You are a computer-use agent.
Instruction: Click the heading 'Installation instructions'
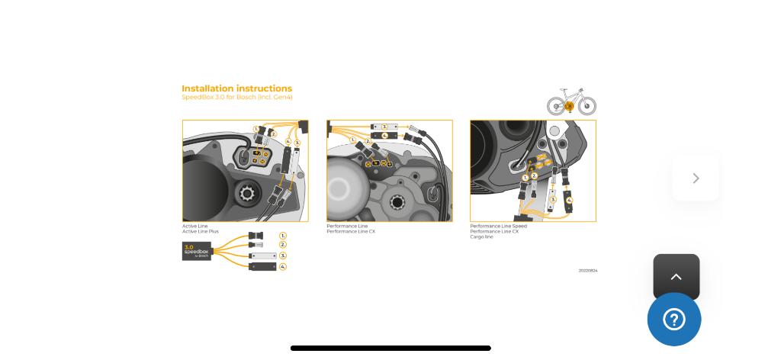(236, 88)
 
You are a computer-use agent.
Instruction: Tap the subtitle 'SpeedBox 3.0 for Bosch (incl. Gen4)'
(236, 98)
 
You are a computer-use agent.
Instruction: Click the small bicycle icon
(571, 101)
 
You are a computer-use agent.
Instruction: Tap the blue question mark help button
(674, 320)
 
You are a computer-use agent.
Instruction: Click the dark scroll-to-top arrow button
(676, 277)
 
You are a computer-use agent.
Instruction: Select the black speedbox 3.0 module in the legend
(197, 251)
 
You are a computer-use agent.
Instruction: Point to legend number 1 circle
(283, 236)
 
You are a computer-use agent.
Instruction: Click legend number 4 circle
(283, 267)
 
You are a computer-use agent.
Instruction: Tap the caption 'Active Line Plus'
(200, 232)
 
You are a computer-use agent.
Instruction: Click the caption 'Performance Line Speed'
(498, 227)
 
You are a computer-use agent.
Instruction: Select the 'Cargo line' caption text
(481, 237)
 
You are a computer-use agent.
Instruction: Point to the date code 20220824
(587, 271)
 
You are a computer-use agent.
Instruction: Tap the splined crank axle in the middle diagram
(397, 202)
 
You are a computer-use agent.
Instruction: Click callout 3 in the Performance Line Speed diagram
(553, 200)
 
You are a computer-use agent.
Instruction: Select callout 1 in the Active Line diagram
(256, 129)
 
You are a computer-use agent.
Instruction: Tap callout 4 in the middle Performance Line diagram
(384, 136)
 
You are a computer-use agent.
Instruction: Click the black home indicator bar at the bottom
(390, 349)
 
